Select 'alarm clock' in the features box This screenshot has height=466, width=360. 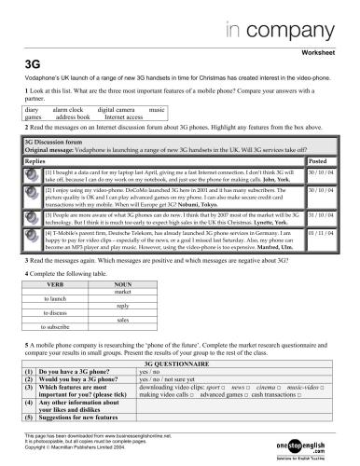67,110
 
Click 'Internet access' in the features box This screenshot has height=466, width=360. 123,118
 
